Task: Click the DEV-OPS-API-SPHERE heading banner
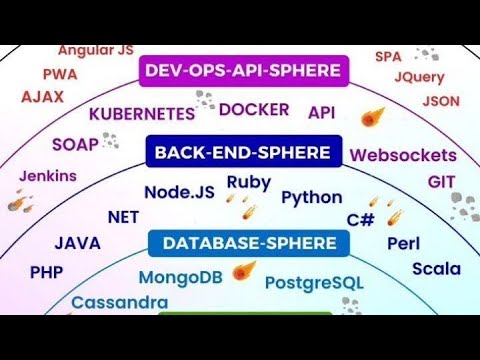tap(243, 70)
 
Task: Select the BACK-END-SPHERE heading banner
tap(242, 153)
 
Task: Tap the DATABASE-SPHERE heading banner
tap(242, 243)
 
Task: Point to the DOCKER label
tap(254, 109)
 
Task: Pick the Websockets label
tap(403, 155)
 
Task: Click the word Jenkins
tap(47, 176)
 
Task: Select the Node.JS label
tap(180, 191)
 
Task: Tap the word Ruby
tap(249, 182)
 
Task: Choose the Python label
tap(312, 197)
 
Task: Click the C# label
tap(360, 219)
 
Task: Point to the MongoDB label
tap(180, 276)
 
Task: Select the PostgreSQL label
tap(314, 282)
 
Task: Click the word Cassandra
tap(119, 302)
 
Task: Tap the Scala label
tap(437, 268)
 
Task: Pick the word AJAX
tap(42, 97)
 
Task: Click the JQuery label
tap(419, 77)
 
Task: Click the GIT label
tap(442, 181)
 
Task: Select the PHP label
tap(46, 272)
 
